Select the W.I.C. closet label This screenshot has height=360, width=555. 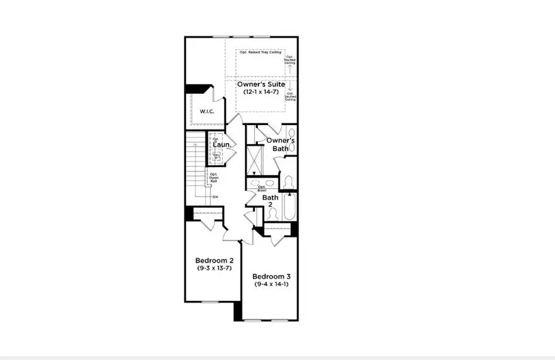pos(207,112)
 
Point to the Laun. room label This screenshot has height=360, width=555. pos(222,145)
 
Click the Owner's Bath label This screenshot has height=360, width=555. pos(281,144)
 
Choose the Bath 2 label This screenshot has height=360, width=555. pos(271,202)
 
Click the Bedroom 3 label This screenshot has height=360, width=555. pos(271,276)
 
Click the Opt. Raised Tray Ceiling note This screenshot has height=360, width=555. pos(260,52)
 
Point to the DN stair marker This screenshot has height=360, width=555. pos(215,197)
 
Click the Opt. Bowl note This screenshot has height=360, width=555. pos(261,189)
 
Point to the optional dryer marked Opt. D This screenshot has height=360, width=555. pos(216,140)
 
